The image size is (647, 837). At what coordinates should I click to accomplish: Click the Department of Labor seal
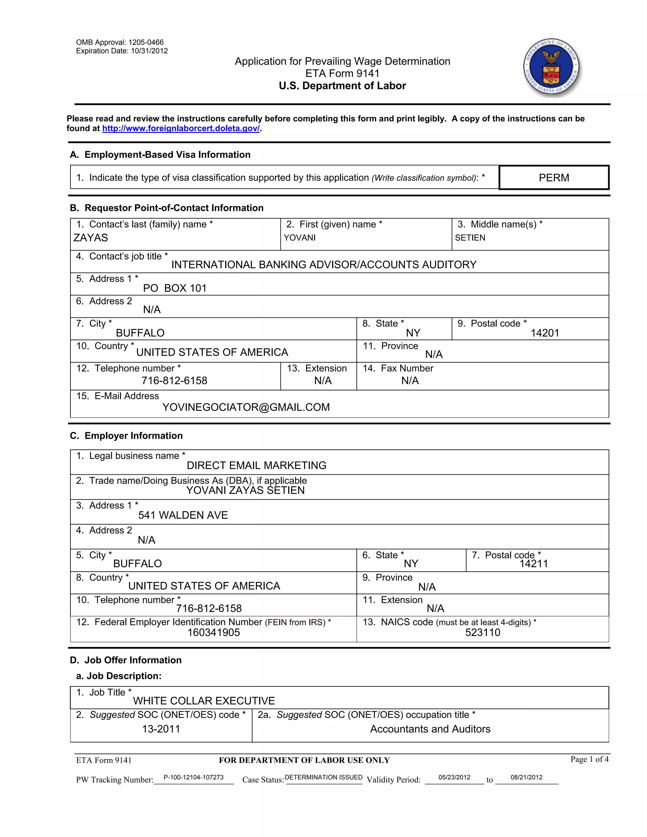[552, 68]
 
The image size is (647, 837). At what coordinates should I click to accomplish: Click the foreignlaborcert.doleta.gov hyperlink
[181, 128]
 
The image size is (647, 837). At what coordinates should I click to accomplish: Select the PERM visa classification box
[553, 178]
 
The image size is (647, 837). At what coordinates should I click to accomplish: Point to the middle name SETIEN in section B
[470, 238]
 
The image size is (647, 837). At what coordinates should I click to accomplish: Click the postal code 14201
[545, 333]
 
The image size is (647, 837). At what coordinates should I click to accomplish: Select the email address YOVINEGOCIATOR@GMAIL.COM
[246, 407]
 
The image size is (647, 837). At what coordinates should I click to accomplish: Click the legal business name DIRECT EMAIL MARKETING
[257, 465]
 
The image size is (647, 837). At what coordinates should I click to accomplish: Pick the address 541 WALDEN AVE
[183, 515]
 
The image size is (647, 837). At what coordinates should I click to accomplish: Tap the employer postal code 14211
[534, 563]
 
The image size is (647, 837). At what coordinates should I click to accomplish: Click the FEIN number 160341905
[214, 632]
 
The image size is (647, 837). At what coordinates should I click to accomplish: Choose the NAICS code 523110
[483, 632]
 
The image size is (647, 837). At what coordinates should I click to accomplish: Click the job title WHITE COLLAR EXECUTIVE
[204, 701]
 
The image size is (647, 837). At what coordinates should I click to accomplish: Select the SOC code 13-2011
[161, 729]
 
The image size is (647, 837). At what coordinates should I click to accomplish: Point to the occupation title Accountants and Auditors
[430, 729]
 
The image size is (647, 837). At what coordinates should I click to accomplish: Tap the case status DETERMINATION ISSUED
[323, 777]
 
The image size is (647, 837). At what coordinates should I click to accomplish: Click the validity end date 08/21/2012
[526, 777]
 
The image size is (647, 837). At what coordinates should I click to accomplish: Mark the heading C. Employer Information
[126, 436]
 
